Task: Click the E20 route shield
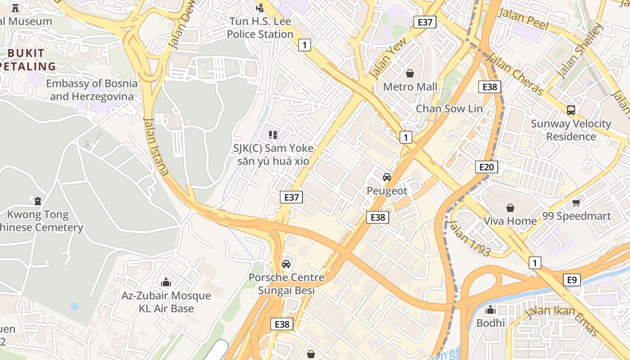pyautogui.click(x=486, y=167)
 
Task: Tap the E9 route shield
pyautogui.click(x=571, y=280)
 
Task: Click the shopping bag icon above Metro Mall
pyautogui.click(x=410, y=73)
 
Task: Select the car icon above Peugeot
pyautogui.click(x=387, y=177)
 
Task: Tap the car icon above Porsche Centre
pyautogui.click(x=286, y=264)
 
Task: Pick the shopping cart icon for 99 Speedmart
pyautogui.click(x=576, y=202)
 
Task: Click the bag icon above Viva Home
pyautogui.click(x=510, y=207)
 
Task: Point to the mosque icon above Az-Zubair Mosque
pyautogui.click(x=166, y=282)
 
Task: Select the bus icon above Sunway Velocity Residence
pyautogui.click(x=571, y=110)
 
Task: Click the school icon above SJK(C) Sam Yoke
pyautogui.click(x=273, y=135)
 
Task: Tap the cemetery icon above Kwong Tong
pyautogui.click(x=37, y=201)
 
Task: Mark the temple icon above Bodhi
pyautogui.click(x=490, y=310)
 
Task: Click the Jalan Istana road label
pyautogui.click(x=156, y=146)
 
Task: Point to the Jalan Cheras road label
pyautogui.click(x=515, y=75)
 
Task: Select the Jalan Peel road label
pyautogui.click(x=523, y=19)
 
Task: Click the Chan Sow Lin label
pyautogui.click(x=449, y=108)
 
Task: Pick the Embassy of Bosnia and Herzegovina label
pyautogui.click(x=92, y=90)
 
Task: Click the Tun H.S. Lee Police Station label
pyautogui.click(x=260, y=28)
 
